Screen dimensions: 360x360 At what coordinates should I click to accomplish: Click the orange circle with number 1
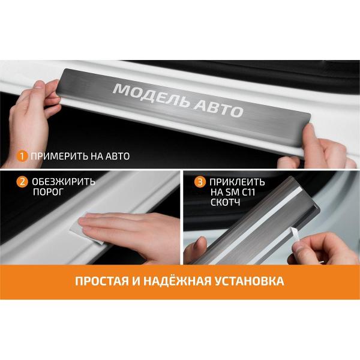click(x=22, y=157)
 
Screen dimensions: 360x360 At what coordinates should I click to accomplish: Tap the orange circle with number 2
click(x=22, y=182)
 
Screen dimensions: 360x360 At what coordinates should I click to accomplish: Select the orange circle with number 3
click(x=200, y=182)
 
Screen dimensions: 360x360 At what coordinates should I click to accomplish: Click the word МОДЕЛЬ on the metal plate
click(x=152, y=95)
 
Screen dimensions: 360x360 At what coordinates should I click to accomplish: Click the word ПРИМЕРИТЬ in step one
click(x=59, y=156)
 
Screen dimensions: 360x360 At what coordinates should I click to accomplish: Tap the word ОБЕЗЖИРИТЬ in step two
click(x=64, y=182)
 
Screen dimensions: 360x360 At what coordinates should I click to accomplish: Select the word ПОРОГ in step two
click(x=48, y=192)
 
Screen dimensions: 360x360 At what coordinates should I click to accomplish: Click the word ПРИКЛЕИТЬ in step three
click(x=237, y=182)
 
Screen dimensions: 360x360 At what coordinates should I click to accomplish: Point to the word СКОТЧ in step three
click(x=225, y=202)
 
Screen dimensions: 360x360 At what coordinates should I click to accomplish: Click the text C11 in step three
click(x=247, y=192)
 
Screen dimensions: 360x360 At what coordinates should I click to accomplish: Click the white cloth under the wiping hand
click(x=85, y=232)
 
